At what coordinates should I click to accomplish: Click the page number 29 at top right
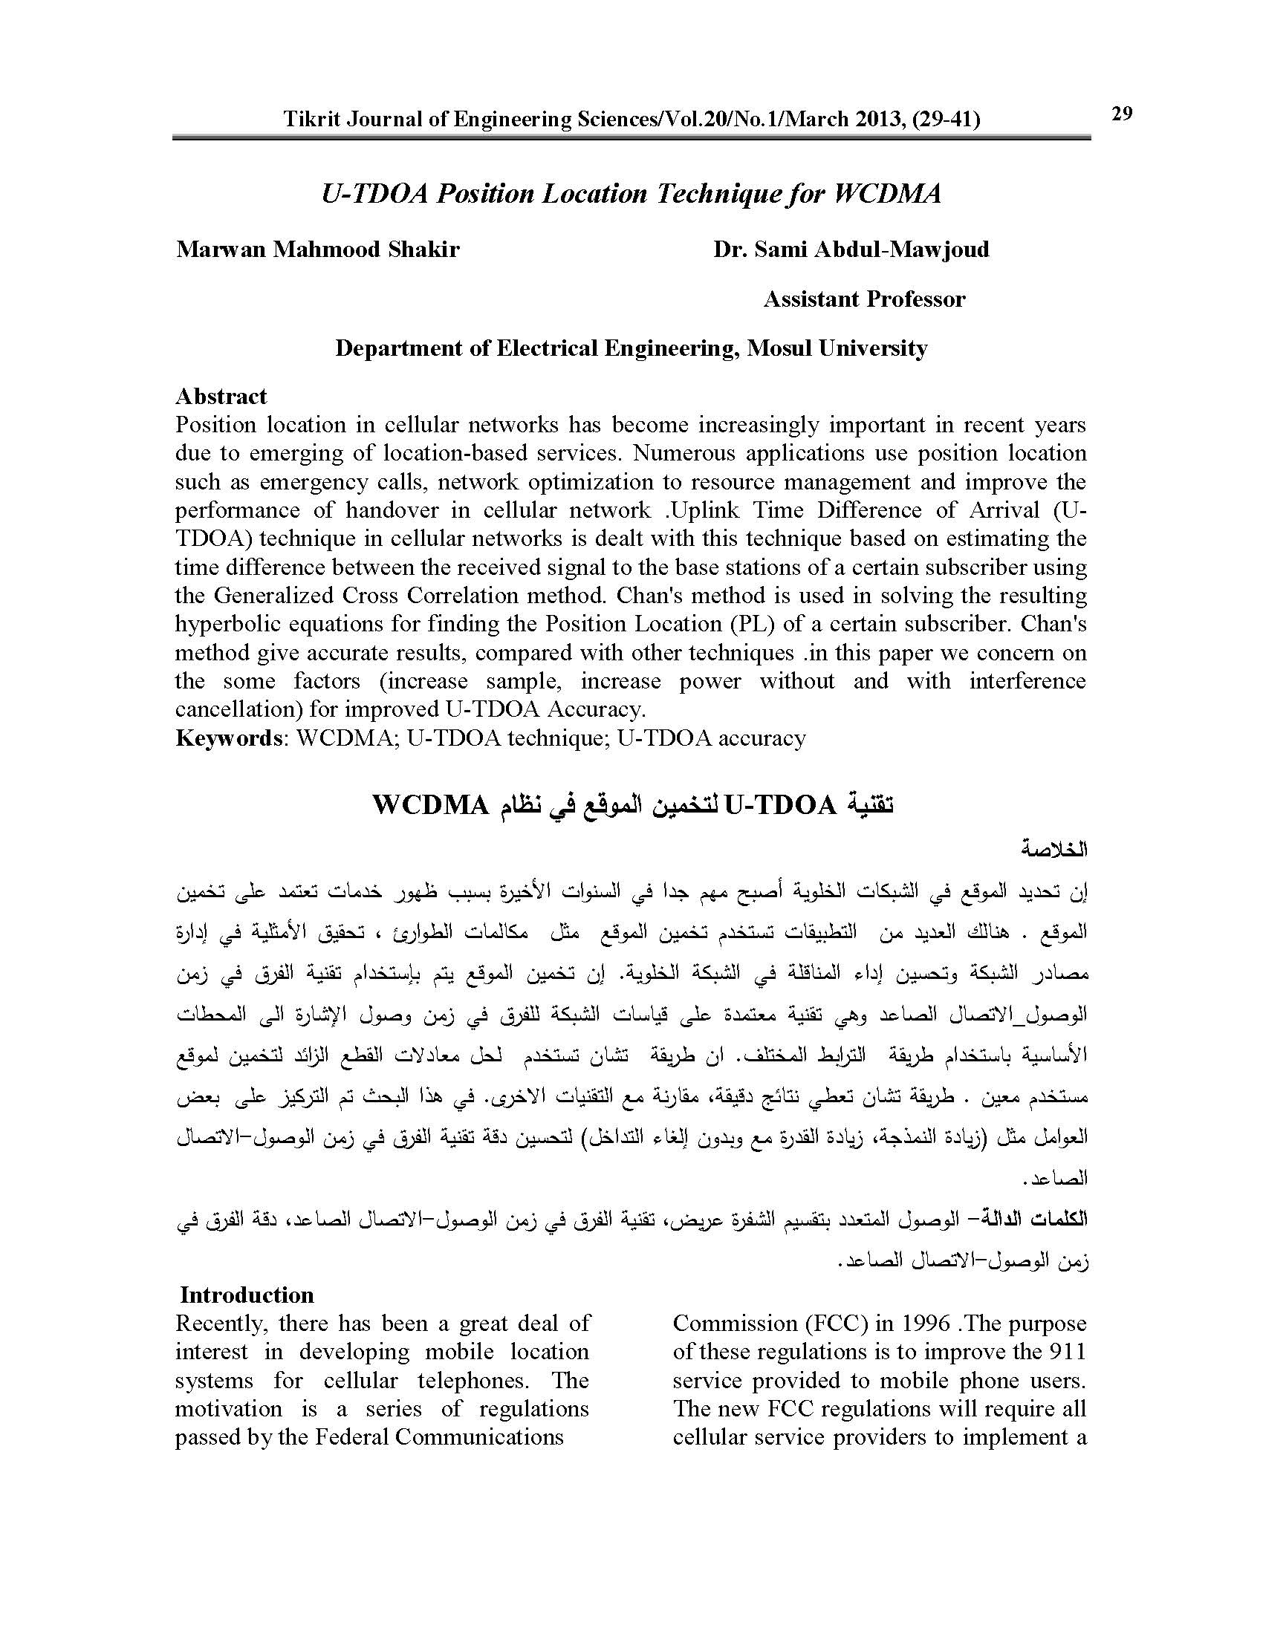click(x=1122, y=114)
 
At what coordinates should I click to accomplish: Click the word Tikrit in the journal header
click(x=306, y=120)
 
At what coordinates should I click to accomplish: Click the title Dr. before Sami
click(x=730, y=249)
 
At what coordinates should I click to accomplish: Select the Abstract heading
click(x=221, y=396)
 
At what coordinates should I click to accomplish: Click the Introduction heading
click(x=247, y=1295)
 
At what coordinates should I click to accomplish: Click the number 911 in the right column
click(x=1066, y=1352)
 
